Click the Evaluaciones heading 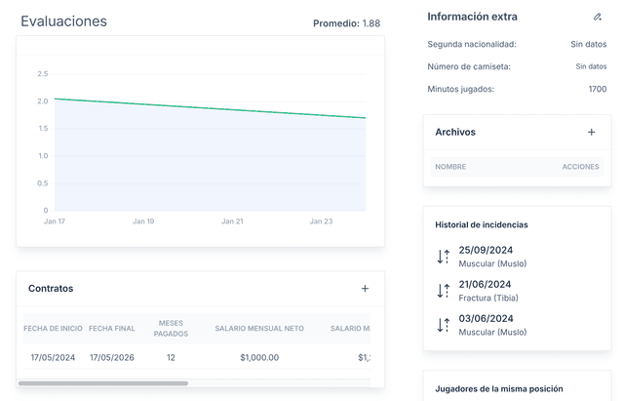(63, 21)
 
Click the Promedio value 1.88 (370, 23)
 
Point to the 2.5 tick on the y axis (42, 74)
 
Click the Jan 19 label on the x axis (143, 221)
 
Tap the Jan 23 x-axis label (321, 221)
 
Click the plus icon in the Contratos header (365, 288)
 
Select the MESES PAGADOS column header (171, 329)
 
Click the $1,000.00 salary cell (259, 358)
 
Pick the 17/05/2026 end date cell (112, 358)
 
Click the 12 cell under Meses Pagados (171, 358)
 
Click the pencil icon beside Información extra (598, 17)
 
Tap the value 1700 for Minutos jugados (597, 89)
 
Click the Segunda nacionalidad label (472, 44)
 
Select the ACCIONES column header (580, 167)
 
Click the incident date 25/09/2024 (486, 251)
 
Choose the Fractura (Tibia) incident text (487, 298)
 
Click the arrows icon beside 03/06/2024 (443, 324)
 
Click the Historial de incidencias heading (482, 224)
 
